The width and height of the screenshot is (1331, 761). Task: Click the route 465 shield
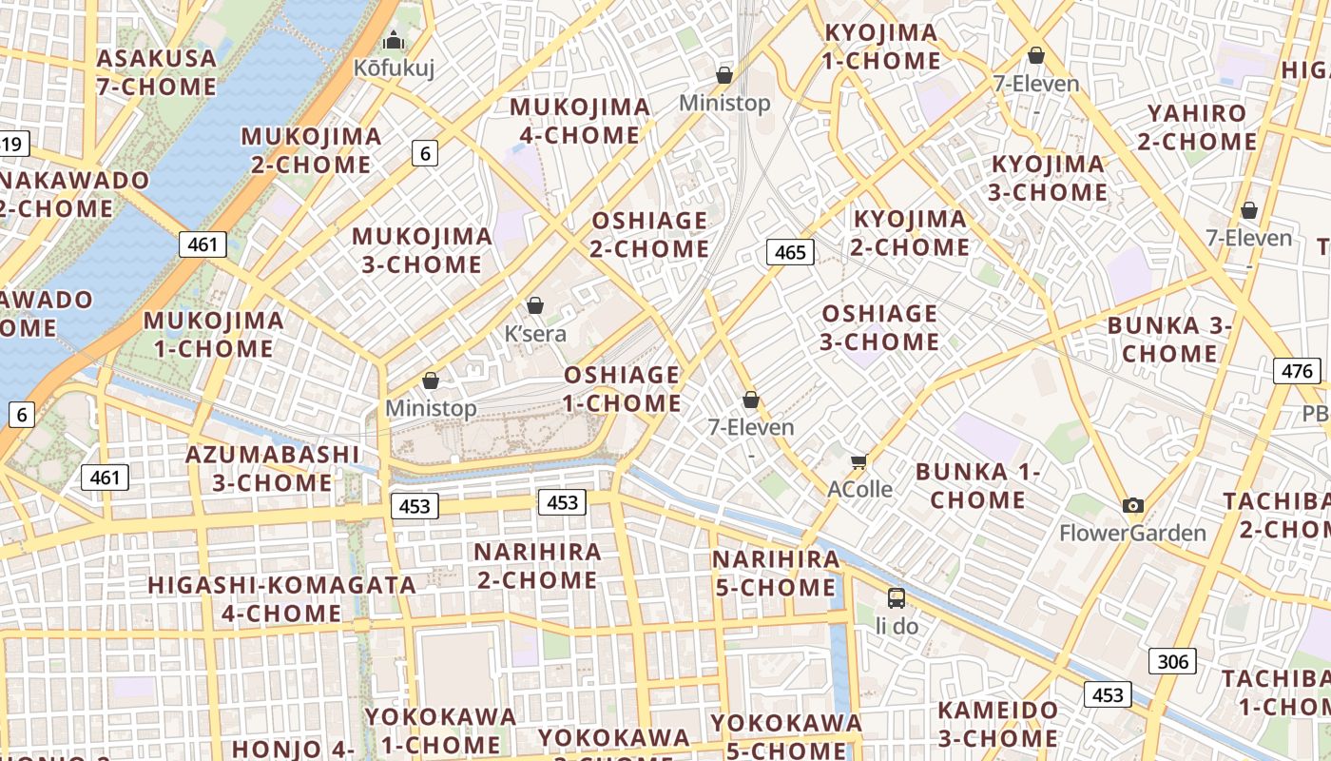[x=790, y=252]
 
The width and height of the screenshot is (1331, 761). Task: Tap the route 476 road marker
[x=1297, y=371]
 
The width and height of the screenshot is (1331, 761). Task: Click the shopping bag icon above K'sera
[x=535, y=305]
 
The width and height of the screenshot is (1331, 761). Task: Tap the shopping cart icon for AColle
[x=859, y=461]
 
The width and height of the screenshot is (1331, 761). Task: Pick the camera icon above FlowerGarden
[x=1132, y=505]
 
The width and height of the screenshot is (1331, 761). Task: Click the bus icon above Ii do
[x=897, y=598]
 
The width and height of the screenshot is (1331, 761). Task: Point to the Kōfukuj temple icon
[x=393, y=40]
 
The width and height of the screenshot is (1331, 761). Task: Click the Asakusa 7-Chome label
[x=157, y=72]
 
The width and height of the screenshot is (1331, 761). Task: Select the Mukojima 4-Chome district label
[x=580, y=121]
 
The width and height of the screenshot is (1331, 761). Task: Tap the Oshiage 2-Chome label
[x=650, y=235]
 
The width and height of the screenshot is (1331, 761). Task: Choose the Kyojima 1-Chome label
[x=881, y=47]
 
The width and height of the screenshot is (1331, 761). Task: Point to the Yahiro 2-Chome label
[x=1197, y=127]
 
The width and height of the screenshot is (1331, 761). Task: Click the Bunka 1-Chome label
[x=978, y=485]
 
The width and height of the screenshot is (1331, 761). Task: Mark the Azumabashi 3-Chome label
[x=273, y=468]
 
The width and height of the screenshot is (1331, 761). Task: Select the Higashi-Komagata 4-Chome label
[x=281, y=598]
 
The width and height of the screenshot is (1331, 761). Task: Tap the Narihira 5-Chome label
[x=776, y=573]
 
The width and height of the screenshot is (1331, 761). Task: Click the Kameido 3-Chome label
[x=998, y=723]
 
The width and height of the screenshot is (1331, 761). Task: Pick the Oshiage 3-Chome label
[x=879, y=327]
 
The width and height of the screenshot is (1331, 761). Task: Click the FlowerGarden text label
[x=1132, y=533]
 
